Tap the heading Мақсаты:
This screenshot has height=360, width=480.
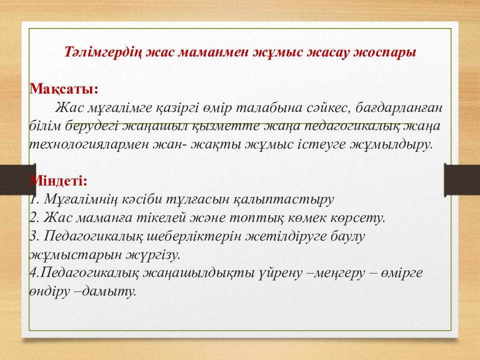pos(64,89)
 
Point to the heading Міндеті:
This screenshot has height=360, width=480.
pos(59,180)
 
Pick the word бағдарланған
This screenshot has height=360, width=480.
pos(399,108)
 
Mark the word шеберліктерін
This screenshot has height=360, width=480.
pos(194,236)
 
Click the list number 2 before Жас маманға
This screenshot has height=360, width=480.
pos(33,217)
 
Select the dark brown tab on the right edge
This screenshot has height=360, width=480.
pos(462,180)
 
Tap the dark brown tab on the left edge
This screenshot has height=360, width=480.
pos(18,179)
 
